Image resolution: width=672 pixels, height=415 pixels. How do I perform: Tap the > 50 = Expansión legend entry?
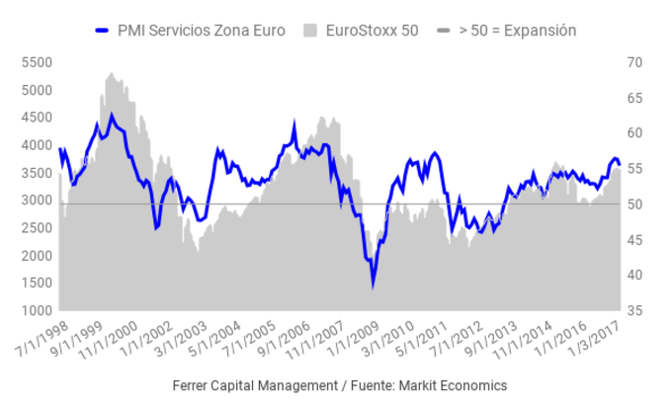517,31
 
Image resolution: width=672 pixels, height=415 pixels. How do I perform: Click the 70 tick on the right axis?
633,62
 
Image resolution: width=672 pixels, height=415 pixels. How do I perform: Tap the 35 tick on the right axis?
633,311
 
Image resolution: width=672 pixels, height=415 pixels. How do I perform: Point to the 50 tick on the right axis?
633,205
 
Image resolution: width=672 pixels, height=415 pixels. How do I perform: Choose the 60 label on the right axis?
633,133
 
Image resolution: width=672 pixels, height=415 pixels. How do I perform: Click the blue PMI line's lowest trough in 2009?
373,285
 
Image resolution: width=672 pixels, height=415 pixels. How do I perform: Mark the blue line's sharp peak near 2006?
294,124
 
